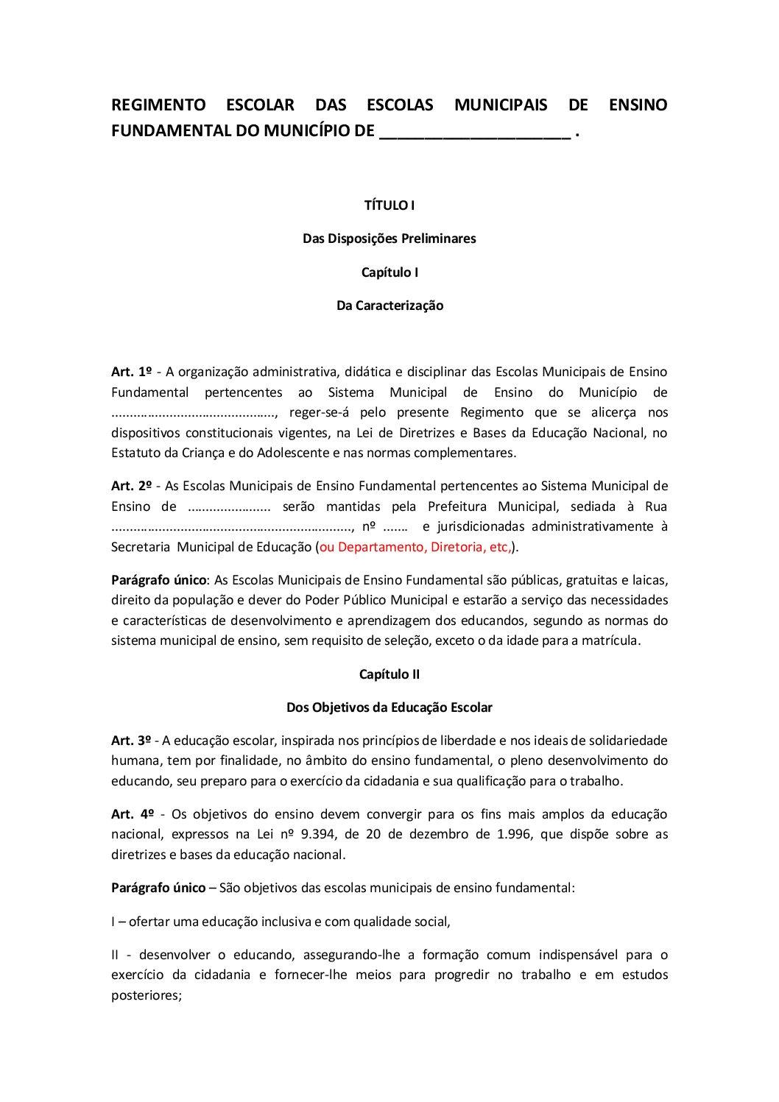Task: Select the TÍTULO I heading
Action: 389,205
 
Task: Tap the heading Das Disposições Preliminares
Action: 389,239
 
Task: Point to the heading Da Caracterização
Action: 389,305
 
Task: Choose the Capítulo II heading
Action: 389,674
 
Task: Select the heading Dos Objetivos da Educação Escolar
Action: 389,707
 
